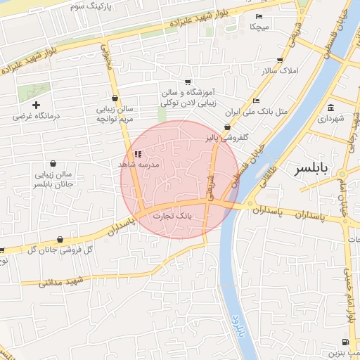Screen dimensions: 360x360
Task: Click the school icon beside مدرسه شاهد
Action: (x=138, y=153)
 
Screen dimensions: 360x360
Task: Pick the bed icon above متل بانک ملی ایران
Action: (x=256, y=101)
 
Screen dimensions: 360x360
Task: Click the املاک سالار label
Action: (x=280, y=72)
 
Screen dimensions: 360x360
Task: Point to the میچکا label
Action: (x=259, y=27)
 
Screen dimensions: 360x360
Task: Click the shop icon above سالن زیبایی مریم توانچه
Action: (x=115, y=98)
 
